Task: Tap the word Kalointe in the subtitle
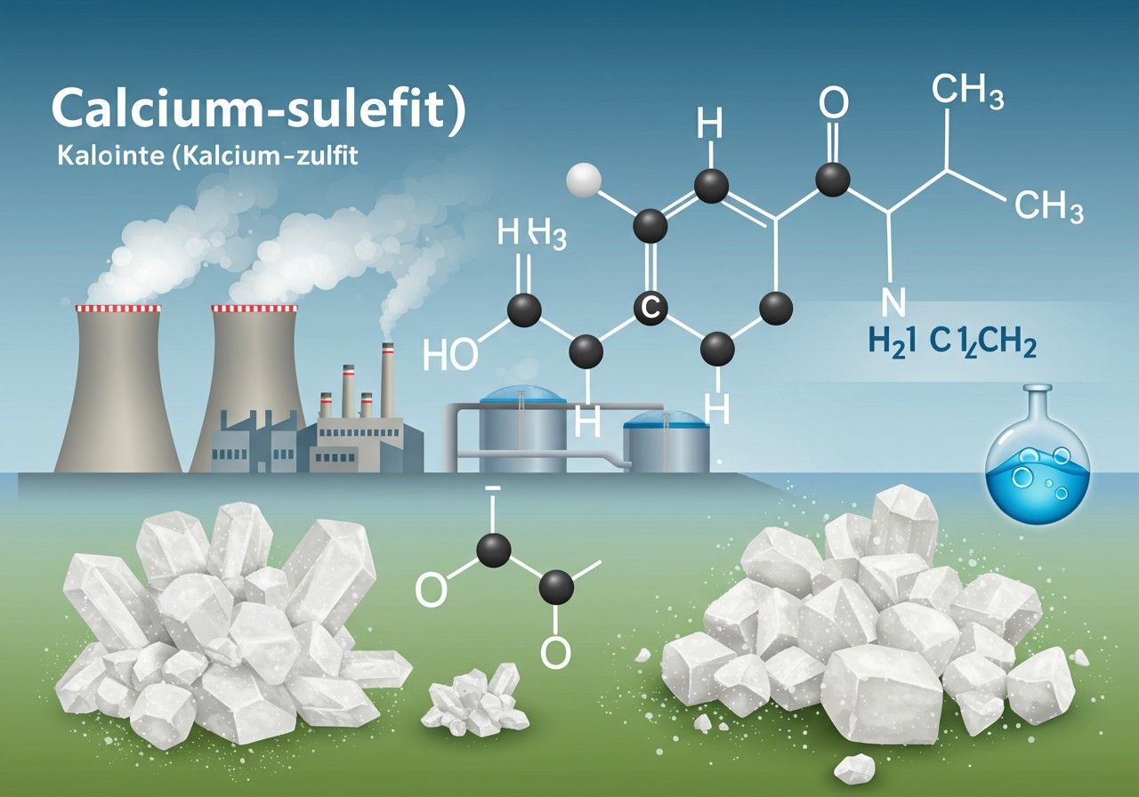coord(110,155)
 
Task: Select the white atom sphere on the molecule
coord(584,180)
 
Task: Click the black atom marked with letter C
coord(651,308)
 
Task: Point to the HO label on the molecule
coord(450,354)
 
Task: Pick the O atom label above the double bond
coord(834,102)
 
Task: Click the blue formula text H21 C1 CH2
coord(952,343)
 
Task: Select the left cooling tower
coord(118,389)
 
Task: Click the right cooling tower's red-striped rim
coord(254,309)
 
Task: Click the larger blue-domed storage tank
coord(522,429)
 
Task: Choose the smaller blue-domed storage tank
coord(666,442)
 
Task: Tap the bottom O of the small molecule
coord(556,652)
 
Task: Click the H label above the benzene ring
coord(710,125)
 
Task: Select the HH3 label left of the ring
coord(532,233)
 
